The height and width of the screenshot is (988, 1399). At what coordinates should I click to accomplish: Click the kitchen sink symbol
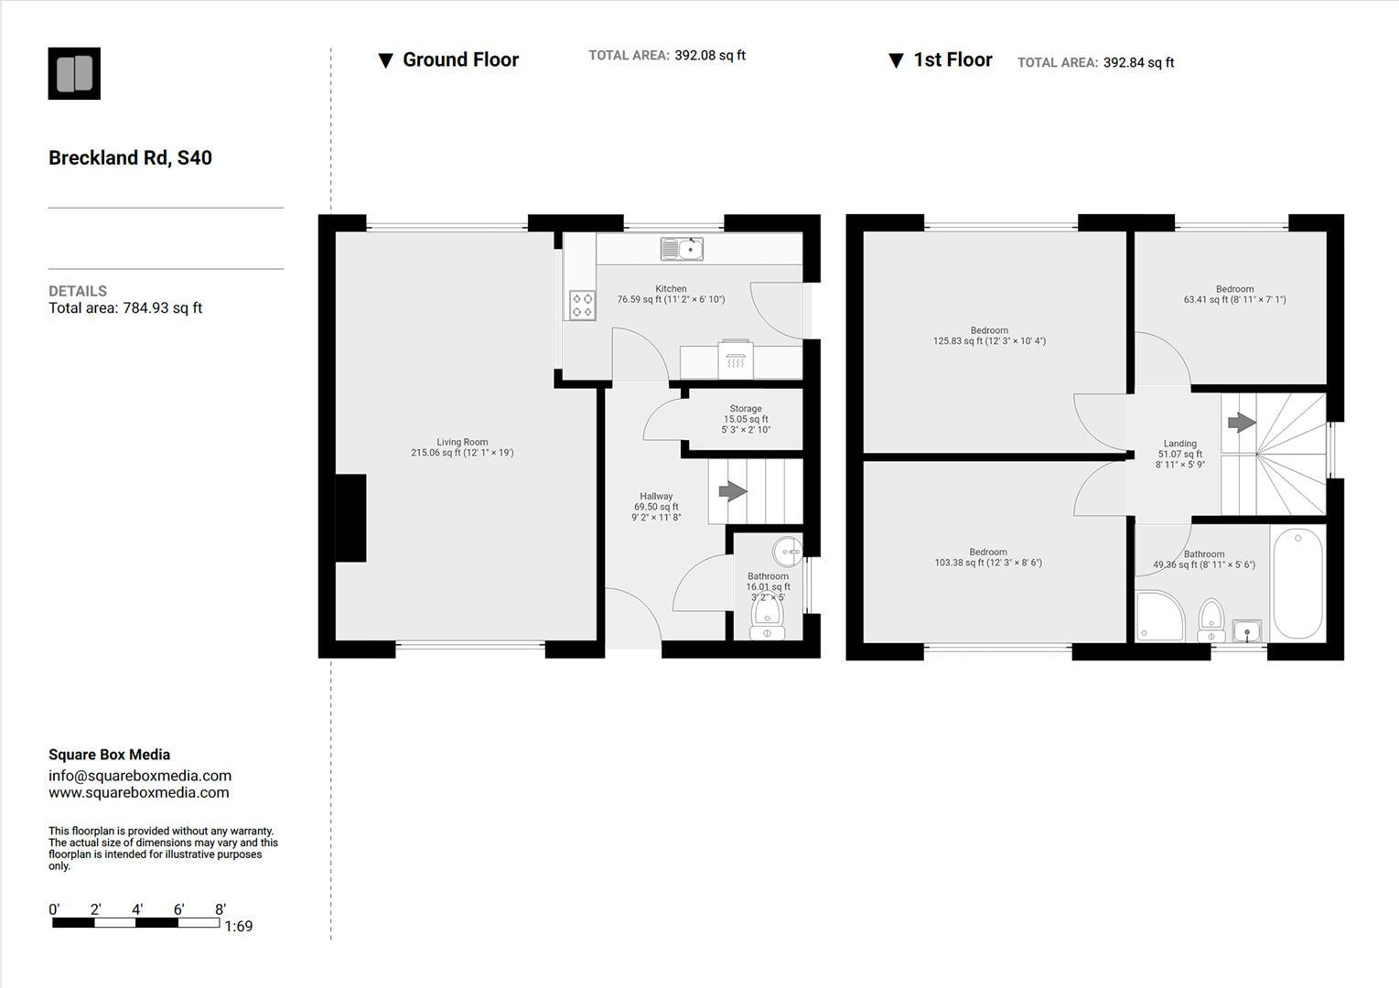682,249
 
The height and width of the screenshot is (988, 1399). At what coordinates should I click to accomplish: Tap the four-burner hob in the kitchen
582,305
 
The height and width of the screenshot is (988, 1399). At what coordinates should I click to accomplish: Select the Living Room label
462,447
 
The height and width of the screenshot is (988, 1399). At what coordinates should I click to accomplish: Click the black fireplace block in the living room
350,518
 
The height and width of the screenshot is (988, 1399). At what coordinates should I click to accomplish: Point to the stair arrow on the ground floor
732,491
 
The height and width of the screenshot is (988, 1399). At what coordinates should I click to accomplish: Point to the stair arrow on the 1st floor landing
1241,423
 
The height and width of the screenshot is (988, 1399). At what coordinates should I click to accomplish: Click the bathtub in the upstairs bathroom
1297,583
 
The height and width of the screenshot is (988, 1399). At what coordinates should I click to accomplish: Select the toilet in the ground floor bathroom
767,618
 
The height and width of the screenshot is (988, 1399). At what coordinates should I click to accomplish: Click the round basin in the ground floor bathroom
787,552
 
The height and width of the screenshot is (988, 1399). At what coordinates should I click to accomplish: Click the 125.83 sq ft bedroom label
989,336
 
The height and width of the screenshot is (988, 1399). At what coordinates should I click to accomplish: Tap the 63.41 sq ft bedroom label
1234,295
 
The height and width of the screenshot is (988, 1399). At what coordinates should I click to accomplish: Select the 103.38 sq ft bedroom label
988,557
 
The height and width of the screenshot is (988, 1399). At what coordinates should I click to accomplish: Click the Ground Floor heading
460,60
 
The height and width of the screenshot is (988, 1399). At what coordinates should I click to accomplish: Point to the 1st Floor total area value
1138,63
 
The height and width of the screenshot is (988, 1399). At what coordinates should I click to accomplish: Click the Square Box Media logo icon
74,74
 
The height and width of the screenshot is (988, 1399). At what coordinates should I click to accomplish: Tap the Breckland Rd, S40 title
130,158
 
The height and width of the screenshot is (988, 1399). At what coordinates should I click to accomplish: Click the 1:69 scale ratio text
238,927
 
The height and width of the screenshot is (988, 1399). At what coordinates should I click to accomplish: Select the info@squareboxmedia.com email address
140,776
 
